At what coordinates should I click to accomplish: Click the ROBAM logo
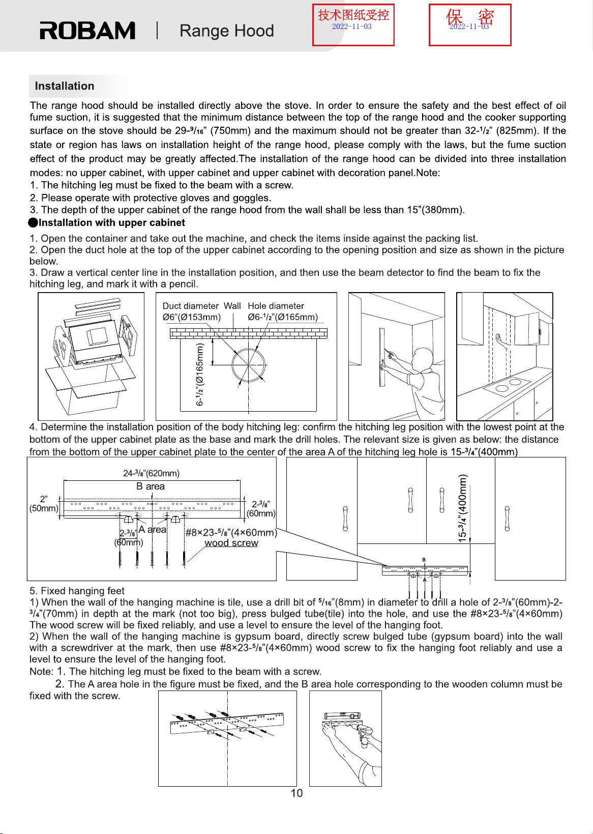point(87,31)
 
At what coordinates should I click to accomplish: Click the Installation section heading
point(65,86)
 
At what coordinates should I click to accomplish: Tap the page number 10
point(296,793)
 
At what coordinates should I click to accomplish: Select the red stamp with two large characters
point(470,25)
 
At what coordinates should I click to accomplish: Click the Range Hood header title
point(226,31)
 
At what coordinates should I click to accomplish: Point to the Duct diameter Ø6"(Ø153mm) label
point(191,311)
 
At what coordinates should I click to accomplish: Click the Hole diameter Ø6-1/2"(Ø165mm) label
point(283,311)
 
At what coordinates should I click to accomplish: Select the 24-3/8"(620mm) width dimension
point(152,473)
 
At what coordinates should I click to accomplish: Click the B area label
point(151,486)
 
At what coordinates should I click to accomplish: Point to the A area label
point(153,529)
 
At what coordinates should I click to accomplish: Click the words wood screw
point(231,543)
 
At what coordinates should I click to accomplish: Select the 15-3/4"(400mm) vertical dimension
point(462,508)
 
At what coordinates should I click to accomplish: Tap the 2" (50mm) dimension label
point(44,504)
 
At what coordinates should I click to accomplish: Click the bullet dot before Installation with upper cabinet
point(33,223)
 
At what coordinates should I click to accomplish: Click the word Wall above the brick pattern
point(232,306)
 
